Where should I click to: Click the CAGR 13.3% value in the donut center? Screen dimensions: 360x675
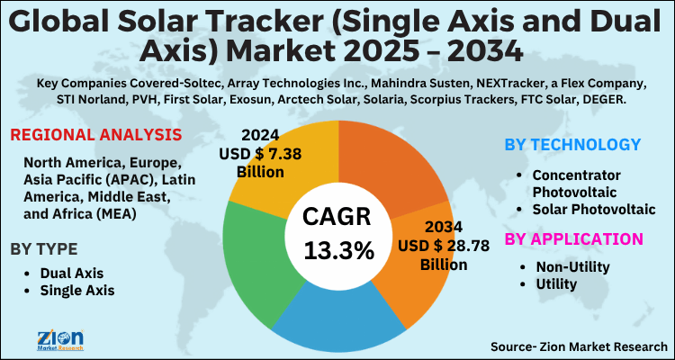[x=337, y=236]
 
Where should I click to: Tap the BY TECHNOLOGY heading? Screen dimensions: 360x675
[x=571, y=144]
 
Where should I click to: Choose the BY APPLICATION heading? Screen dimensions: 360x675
[x=573, y=238]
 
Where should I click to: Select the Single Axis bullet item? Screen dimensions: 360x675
[x=77, y=291]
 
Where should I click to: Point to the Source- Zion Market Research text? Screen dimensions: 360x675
[x=579, y=346]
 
